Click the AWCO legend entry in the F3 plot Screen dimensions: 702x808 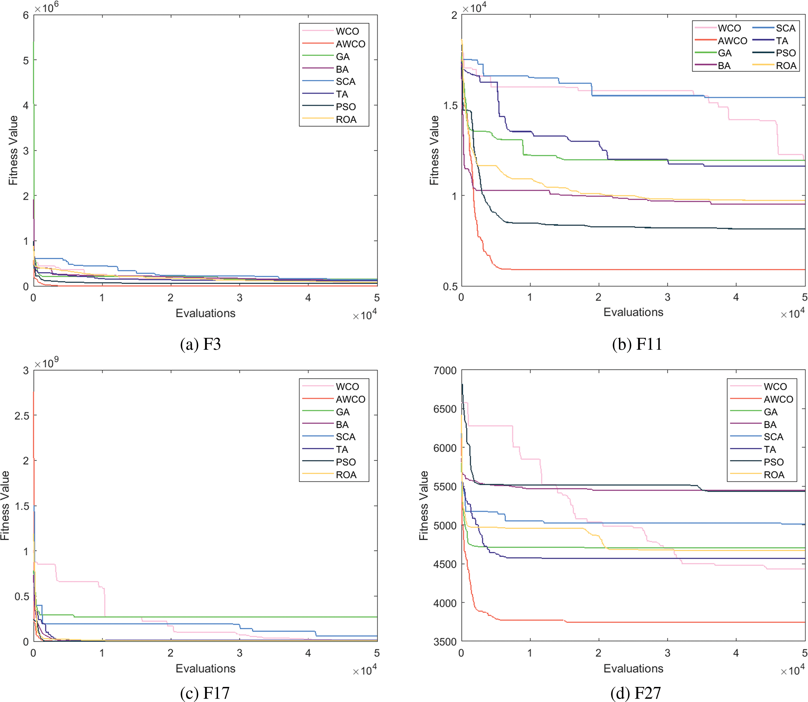tap(350, 44)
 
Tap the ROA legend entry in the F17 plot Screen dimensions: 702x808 tap(346, 475)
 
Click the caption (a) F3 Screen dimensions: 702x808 tap(200, 344)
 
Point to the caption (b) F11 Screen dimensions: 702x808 tap(637, 344)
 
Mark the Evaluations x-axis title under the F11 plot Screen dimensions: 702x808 tap(633, 312)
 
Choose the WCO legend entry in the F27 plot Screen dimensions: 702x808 tap(775, 387)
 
